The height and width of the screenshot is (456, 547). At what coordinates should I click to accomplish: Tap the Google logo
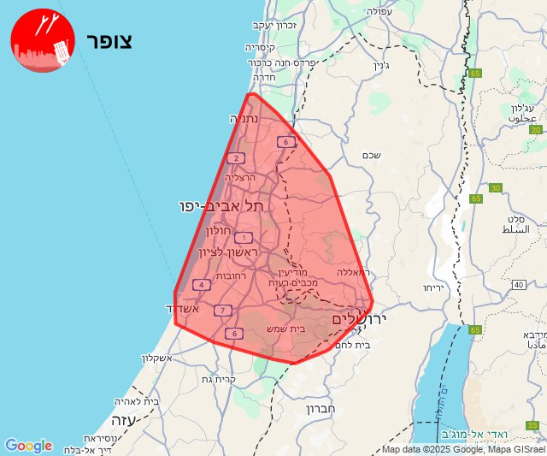pyautogui.click(x=28, y=446)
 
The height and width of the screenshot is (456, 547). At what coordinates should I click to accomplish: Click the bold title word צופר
pyautogui.click(x=109, y=41)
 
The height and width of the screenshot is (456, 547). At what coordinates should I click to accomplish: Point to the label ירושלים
pyautogui.click(x=360, y=318)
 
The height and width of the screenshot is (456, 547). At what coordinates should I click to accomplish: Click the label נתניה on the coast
pyautogui.click(x=244, y=119)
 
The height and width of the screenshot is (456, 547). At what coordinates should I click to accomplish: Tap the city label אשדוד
pyautogui.click(x=182, y=309)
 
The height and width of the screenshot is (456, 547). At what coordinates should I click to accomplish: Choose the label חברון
pyautogui.click(x=320, y=409)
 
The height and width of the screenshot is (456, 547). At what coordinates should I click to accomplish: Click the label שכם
pyautogui.click(x=371, y=154)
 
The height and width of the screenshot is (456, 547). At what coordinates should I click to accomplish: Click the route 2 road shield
pyautogui.click(x=236, y=157)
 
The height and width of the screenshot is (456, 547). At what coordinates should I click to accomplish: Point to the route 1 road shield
pyautogui.click(x=244, y=237)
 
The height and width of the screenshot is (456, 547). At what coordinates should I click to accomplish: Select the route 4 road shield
pyautogui.click(x=201, y=285)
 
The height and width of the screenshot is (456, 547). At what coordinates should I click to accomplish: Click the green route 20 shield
pyautogui.click(x=536, y=129)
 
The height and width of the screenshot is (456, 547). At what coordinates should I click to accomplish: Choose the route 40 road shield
pyautogui.click(x=518, y=284)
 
